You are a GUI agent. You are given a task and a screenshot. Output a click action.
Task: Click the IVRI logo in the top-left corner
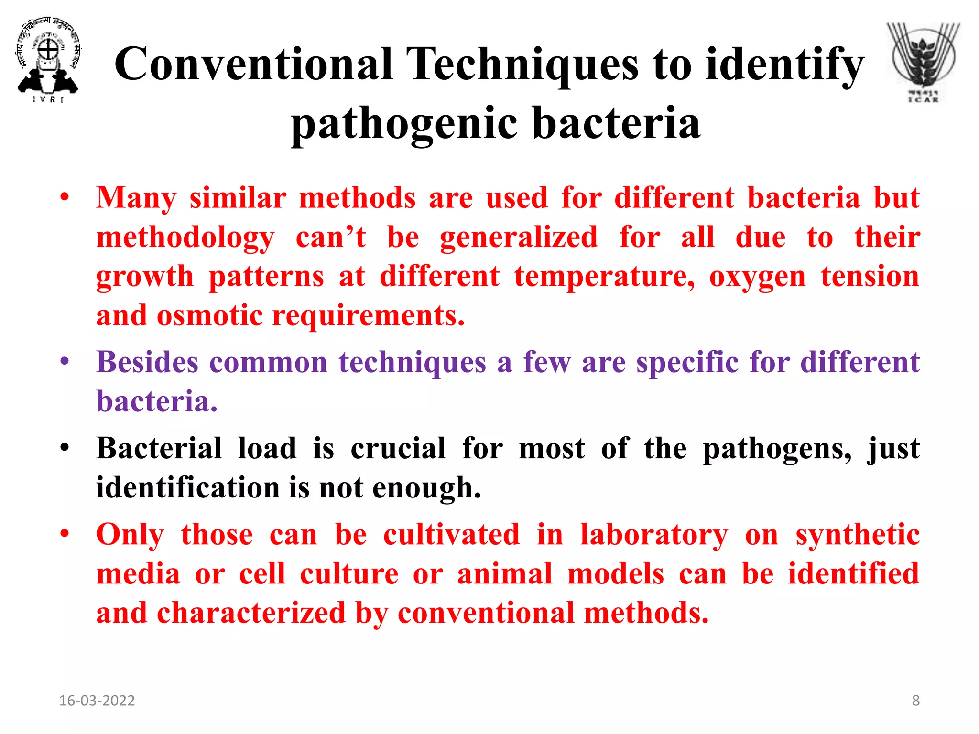48,60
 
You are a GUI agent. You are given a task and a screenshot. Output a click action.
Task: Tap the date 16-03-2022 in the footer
97,701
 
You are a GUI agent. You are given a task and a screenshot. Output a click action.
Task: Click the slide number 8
915,701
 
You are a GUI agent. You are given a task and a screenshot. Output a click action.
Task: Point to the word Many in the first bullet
136,198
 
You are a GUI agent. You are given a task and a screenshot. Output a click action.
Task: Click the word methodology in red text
185,237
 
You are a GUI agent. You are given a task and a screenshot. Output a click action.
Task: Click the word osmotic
210,316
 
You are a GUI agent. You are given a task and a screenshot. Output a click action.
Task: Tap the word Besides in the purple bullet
147,362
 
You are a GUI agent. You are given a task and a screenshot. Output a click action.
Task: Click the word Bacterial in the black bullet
159,449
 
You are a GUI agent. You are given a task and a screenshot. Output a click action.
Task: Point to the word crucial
398,449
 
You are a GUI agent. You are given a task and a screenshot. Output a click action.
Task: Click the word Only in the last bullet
130,535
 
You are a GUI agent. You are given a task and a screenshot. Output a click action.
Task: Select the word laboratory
654,535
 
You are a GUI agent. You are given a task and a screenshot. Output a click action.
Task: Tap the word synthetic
858,535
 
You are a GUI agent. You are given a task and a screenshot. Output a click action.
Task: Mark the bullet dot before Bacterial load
65,448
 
